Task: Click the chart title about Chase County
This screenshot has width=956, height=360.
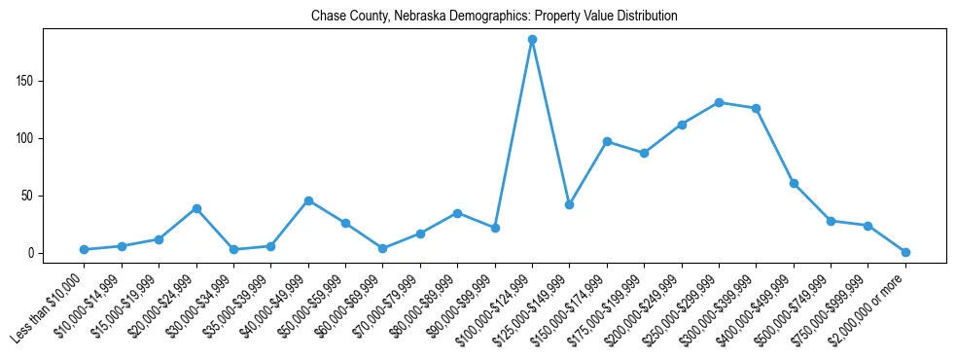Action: (494, 17)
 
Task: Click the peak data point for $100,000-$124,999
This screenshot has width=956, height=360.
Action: (532, 40)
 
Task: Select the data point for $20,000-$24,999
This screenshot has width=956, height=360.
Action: (196, 208)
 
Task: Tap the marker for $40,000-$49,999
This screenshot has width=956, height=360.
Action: (308, 200)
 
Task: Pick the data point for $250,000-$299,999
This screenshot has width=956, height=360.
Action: (719, 102)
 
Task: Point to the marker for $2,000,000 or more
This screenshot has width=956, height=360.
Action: (905, 252)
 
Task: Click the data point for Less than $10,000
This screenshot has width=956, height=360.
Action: (85, 250)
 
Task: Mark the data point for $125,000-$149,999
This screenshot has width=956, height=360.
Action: (569, 204)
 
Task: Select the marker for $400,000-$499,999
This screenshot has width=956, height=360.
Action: (794, 183)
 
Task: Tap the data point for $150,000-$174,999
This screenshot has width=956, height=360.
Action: (607, 141)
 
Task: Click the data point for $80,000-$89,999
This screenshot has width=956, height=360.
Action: (457, 213)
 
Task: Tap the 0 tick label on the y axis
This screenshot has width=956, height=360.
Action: (31, 253)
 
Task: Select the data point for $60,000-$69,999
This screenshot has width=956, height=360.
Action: (382, 249)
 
